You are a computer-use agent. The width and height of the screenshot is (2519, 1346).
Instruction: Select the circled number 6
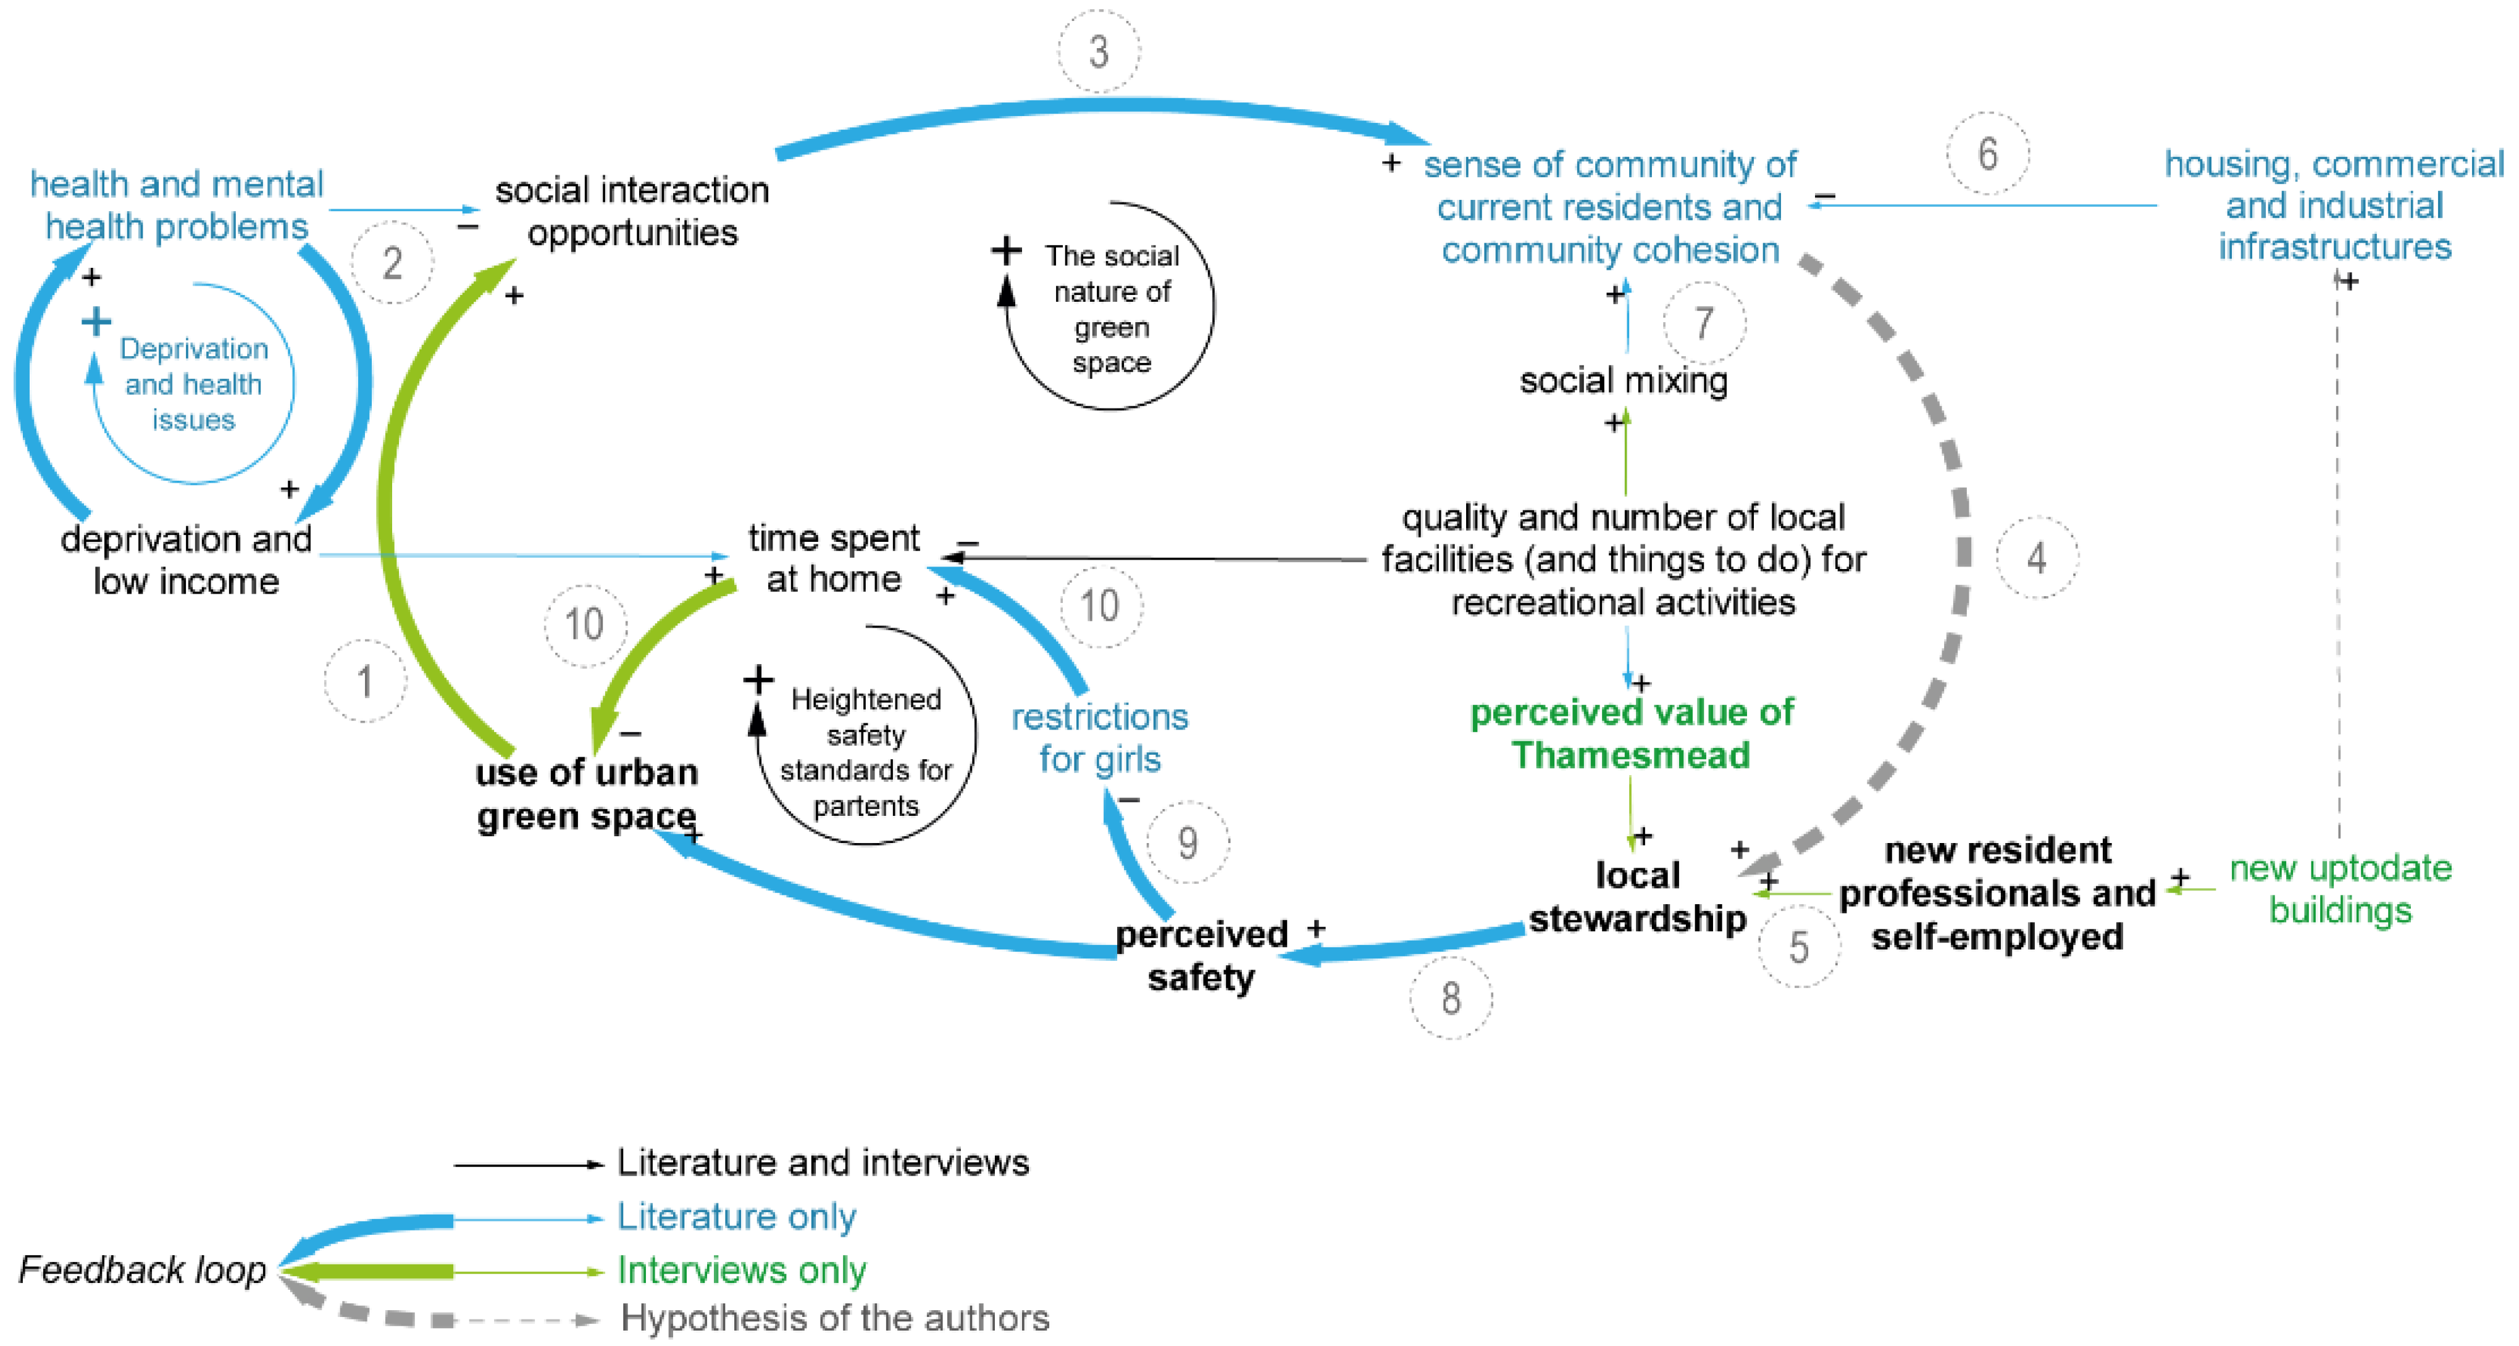click(1987, 154)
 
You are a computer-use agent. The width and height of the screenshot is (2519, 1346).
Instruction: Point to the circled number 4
click(2036, 557)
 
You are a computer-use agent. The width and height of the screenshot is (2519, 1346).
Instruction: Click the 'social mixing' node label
click(1624, 380)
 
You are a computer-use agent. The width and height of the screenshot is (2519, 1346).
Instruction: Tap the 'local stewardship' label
click(1637, 896)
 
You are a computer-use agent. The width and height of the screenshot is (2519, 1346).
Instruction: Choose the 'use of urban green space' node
click(587, 793)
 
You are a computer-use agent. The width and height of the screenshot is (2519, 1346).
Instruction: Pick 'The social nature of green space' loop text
click(1111, 308)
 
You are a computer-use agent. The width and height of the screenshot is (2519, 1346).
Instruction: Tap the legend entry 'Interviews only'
click(741, 1269)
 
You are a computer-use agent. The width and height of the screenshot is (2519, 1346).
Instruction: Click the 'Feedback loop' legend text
click(143, 1269)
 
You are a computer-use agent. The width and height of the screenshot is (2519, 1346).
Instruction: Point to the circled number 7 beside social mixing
click(1703, 323)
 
